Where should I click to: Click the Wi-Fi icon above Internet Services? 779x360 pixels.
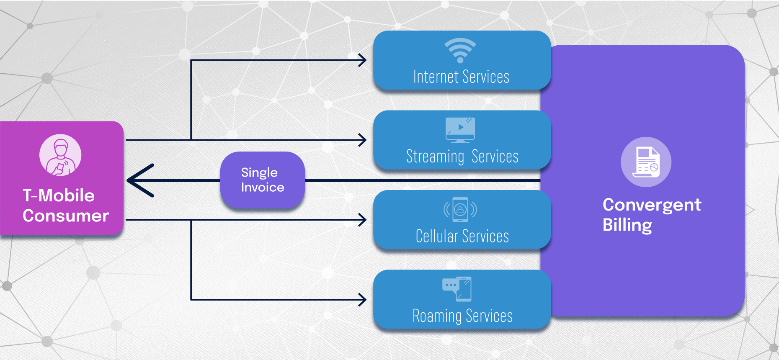click(460, 50)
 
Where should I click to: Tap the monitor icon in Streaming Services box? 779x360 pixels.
click(460, 130)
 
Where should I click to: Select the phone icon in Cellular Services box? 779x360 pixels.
click(460, 209)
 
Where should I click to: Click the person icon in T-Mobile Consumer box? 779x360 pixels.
click(60, 155)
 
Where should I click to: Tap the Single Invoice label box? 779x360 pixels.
click(263, 180)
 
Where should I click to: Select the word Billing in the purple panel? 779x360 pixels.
click(627, 225)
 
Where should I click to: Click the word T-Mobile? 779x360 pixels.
click(59, 195)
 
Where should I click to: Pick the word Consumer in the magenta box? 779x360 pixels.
click(66, 216)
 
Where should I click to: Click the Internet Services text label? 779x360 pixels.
click(461, 77)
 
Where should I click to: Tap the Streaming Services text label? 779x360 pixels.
click(462, 157)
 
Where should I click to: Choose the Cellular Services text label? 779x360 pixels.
click(462, 236)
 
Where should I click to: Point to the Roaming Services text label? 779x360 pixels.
click(462, 316)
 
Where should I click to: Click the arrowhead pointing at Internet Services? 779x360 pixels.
click(362, 60)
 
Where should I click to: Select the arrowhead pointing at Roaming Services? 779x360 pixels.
click(362, 299)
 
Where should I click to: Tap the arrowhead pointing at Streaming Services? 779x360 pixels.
click(362, 140)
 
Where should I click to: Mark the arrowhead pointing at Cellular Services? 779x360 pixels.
click(362, 219)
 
